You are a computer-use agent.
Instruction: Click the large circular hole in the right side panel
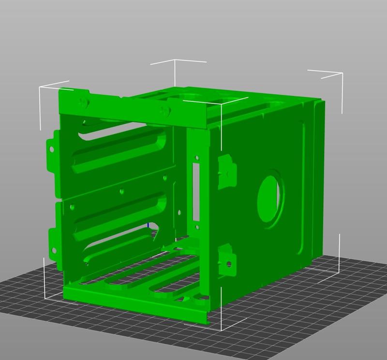point(270,197)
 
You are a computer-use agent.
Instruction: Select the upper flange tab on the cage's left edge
point(50,154)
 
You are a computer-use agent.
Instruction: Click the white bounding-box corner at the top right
point(342,74)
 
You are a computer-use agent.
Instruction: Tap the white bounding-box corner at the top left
point(40,88)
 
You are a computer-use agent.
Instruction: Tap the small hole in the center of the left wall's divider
point(121,191)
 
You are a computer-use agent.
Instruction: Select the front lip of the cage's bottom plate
point(135,304)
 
